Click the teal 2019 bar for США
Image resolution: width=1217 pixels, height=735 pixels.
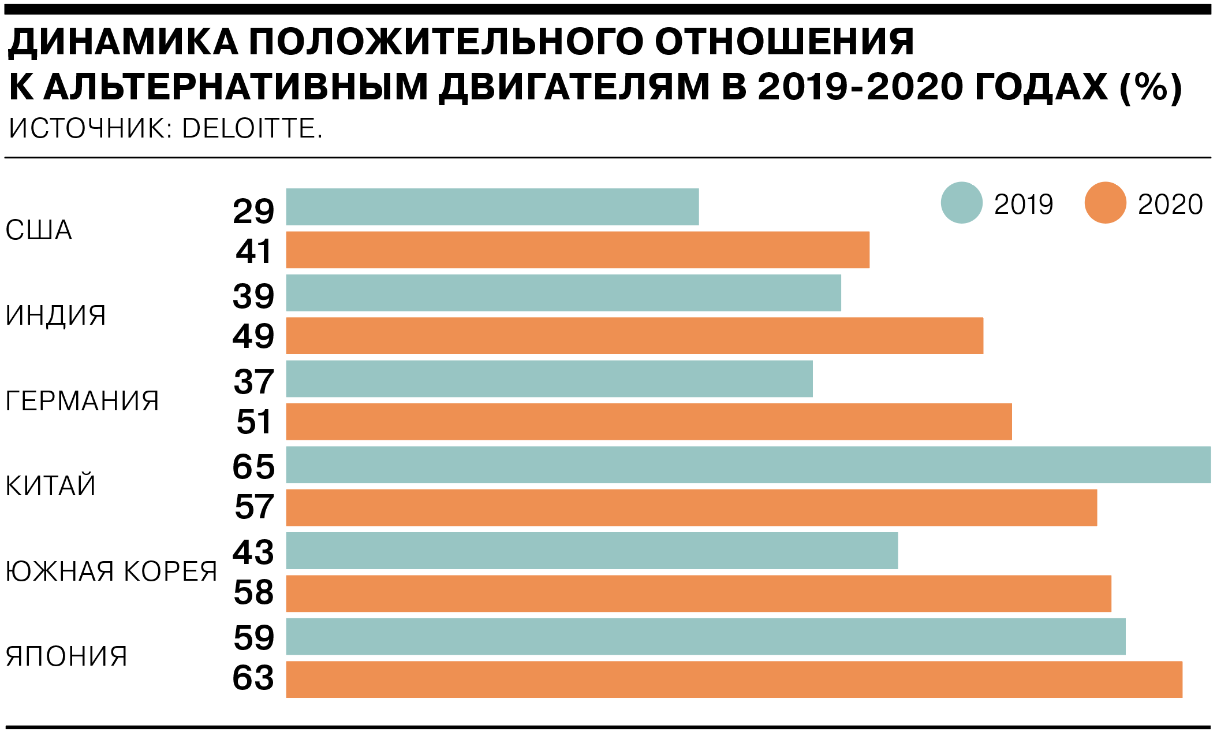pos(492,207)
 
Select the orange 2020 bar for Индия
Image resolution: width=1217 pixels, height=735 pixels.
pos(634,336)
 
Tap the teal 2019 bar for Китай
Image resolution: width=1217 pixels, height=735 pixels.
pos(748,465)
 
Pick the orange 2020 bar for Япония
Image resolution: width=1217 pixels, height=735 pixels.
pos(733,680)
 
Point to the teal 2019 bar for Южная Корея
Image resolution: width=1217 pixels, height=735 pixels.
pos(592,551)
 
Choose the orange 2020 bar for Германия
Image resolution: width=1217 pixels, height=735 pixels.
pos(648,422)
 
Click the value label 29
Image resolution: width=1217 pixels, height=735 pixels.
pos(253,211)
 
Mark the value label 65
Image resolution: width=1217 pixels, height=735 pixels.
pos(253,467)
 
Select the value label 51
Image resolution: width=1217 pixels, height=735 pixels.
pos(253,422)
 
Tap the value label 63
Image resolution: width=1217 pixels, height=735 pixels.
pos(253,678)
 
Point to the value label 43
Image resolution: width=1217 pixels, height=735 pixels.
pos(253,552)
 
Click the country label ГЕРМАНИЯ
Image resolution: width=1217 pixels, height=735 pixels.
pos(82,401)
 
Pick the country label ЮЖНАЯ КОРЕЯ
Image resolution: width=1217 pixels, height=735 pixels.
pos(111,571)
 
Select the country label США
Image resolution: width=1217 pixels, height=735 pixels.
pos(39,230)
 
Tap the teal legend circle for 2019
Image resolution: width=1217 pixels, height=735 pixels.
pos(961,203)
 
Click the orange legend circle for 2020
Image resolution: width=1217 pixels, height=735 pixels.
pos(1105,203)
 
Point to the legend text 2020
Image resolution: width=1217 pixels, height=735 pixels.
pos(1170,205)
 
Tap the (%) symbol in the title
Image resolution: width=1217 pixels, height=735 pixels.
pos(1150,88)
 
